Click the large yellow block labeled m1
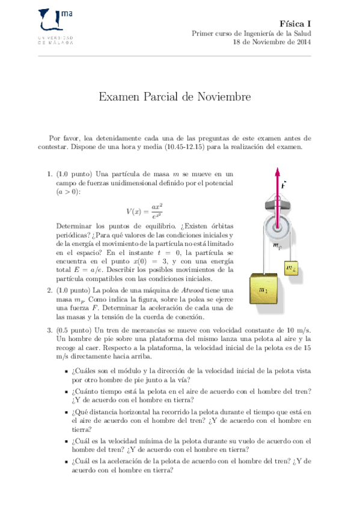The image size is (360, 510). [265, 292]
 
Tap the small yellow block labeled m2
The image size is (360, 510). [291, 268]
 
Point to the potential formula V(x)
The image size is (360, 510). [144, 210]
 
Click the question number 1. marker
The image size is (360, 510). [50, 174]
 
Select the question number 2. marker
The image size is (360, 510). [50, 290]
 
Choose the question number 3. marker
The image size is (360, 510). [50, 330]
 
